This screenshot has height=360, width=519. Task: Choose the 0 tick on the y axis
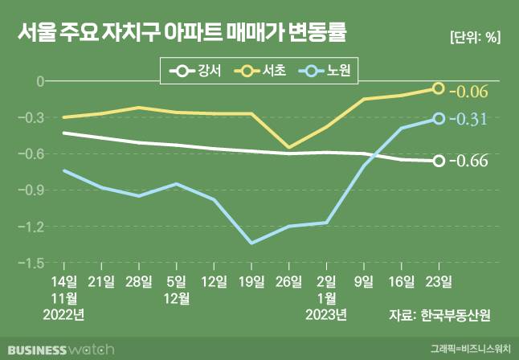(38, 81)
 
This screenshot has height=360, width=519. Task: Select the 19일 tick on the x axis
(251, 280)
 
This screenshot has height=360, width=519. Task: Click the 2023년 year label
(326, 314)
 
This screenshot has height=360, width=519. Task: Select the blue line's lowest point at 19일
(251, 243)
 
